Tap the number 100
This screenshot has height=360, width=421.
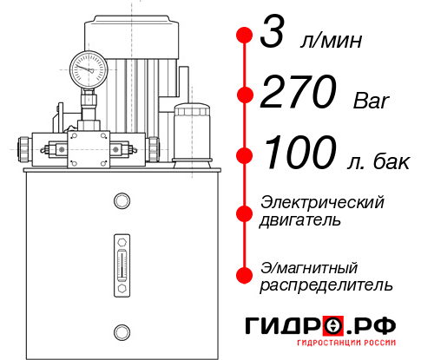[x=297, y=154]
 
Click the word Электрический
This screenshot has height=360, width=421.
[x=322, y=202]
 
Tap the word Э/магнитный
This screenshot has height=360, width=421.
[x=310, y=265]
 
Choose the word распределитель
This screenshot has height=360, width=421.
[x=326, y=284]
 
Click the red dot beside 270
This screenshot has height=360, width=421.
[x=245, y=94]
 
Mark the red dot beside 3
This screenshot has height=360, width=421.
[x=245, y=36]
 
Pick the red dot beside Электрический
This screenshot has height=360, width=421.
[x=245, y=212]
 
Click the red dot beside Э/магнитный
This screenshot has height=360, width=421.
[x=245, y=274]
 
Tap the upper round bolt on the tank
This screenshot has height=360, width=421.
[x=121, y=201]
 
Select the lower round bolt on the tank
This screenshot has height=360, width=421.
[x=121, y=330]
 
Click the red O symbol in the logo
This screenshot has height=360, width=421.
[x=333, y=326]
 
